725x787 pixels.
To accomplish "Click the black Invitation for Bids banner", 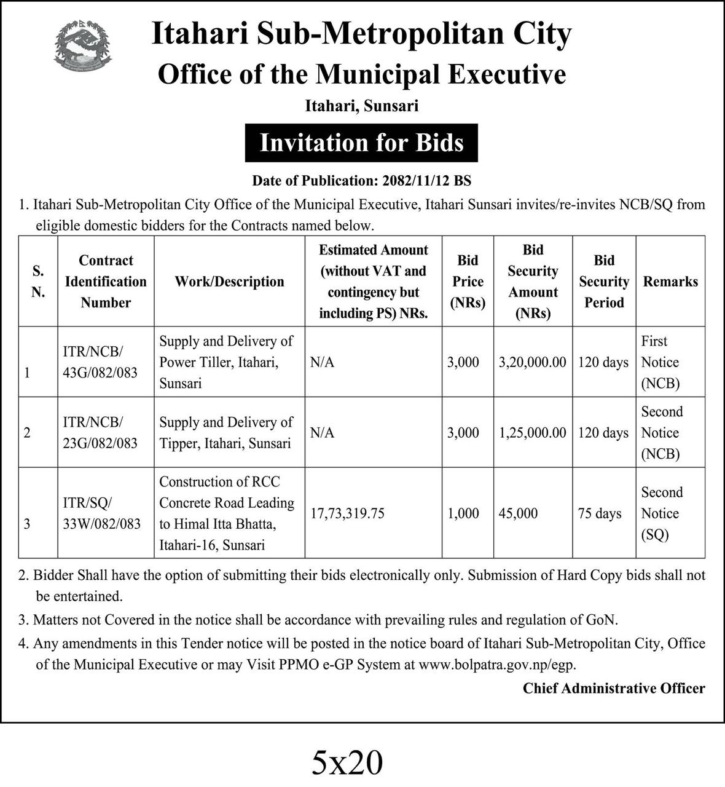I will [x=361, y=143].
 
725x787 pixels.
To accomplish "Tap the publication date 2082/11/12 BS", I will [x=426, y=181].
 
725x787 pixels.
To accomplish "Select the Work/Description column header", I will [x=229, y=282].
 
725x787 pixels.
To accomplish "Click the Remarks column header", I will [x=670, y=282].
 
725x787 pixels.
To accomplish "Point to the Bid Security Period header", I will [x=604, y=282].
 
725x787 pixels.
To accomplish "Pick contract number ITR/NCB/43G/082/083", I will [x=100, y=362].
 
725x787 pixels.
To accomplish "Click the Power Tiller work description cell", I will [x=226, y=362].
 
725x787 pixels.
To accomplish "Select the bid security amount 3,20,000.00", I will [x=532, y=362].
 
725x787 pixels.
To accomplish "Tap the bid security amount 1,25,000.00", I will [x=532, y=433].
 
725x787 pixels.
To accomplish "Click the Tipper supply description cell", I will [x=226, y=433].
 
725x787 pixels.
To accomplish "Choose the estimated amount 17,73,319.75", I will [x=347, y=513].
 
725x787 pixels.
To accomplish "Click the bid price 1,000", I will [x=463, y=513].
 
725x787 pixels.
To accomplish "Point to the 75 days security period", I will [x=600, y=513].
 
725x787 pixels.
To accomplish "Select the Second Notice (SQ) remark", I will [x=662, y=513].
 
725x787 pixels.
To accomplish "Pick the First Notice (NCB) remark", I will [x=660, y=362].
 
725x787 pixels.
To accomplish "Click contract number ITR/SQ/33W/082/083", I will [x=101, y=513].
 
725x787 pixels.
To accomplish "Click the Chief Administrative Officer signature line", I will [x=614, y=689].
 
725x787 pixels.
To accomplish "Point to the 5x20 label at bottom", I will [x=348, y=763].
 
